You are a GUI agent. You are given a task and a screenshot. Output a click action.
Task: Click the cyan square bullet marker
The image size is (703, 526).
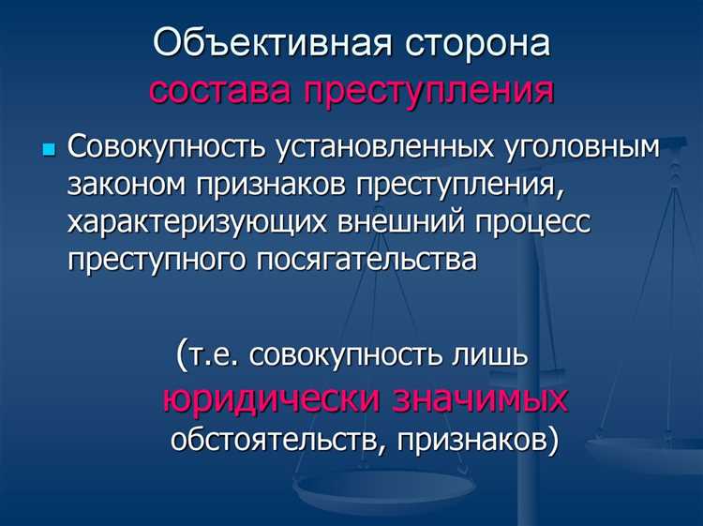click(50, 150)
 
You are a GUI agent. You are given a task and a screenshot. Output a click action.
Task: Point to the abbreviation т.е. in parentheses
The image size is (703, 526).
click(212, 356)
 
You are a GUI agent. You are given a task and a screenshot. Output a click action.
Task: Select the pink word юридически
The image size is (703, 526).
click(272, 398)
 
